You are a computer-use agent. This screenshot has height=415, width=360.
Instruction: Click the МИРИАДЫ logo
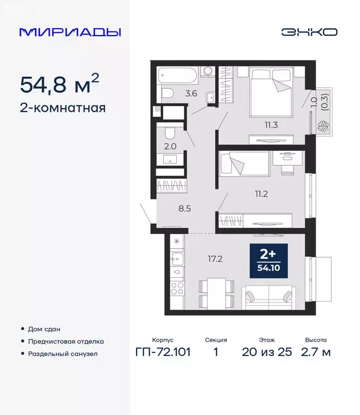tap(70, 32)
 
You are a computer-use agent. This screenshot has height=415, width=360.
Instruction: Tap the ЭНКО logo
tap(309, 32)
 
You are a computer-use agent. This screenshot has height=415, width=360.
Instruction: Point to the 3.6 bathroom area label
tap(191, 93)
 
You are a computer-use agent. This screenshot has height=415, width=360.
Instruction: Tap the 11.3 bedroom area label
tap(271, 125)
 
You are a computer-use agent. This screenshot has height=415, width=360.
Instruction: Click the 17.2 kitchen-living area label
tap(216, 259)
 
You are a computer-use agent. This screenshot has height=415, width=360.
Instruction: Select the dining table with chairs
tap(217, 293)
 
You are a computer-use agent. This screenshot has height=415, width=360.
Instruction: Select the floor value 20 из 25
tap(266, 352)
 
